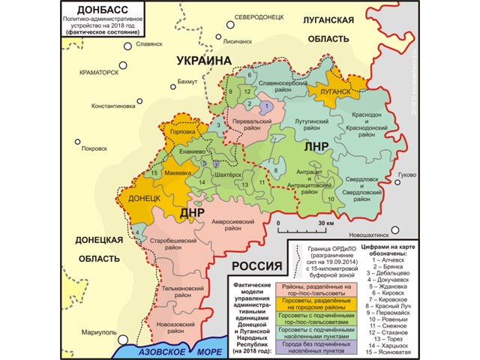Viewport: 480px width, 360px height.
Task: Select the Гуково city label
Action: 406,175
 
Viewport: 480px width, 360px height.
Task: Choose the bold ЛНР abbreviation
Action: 316,148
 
